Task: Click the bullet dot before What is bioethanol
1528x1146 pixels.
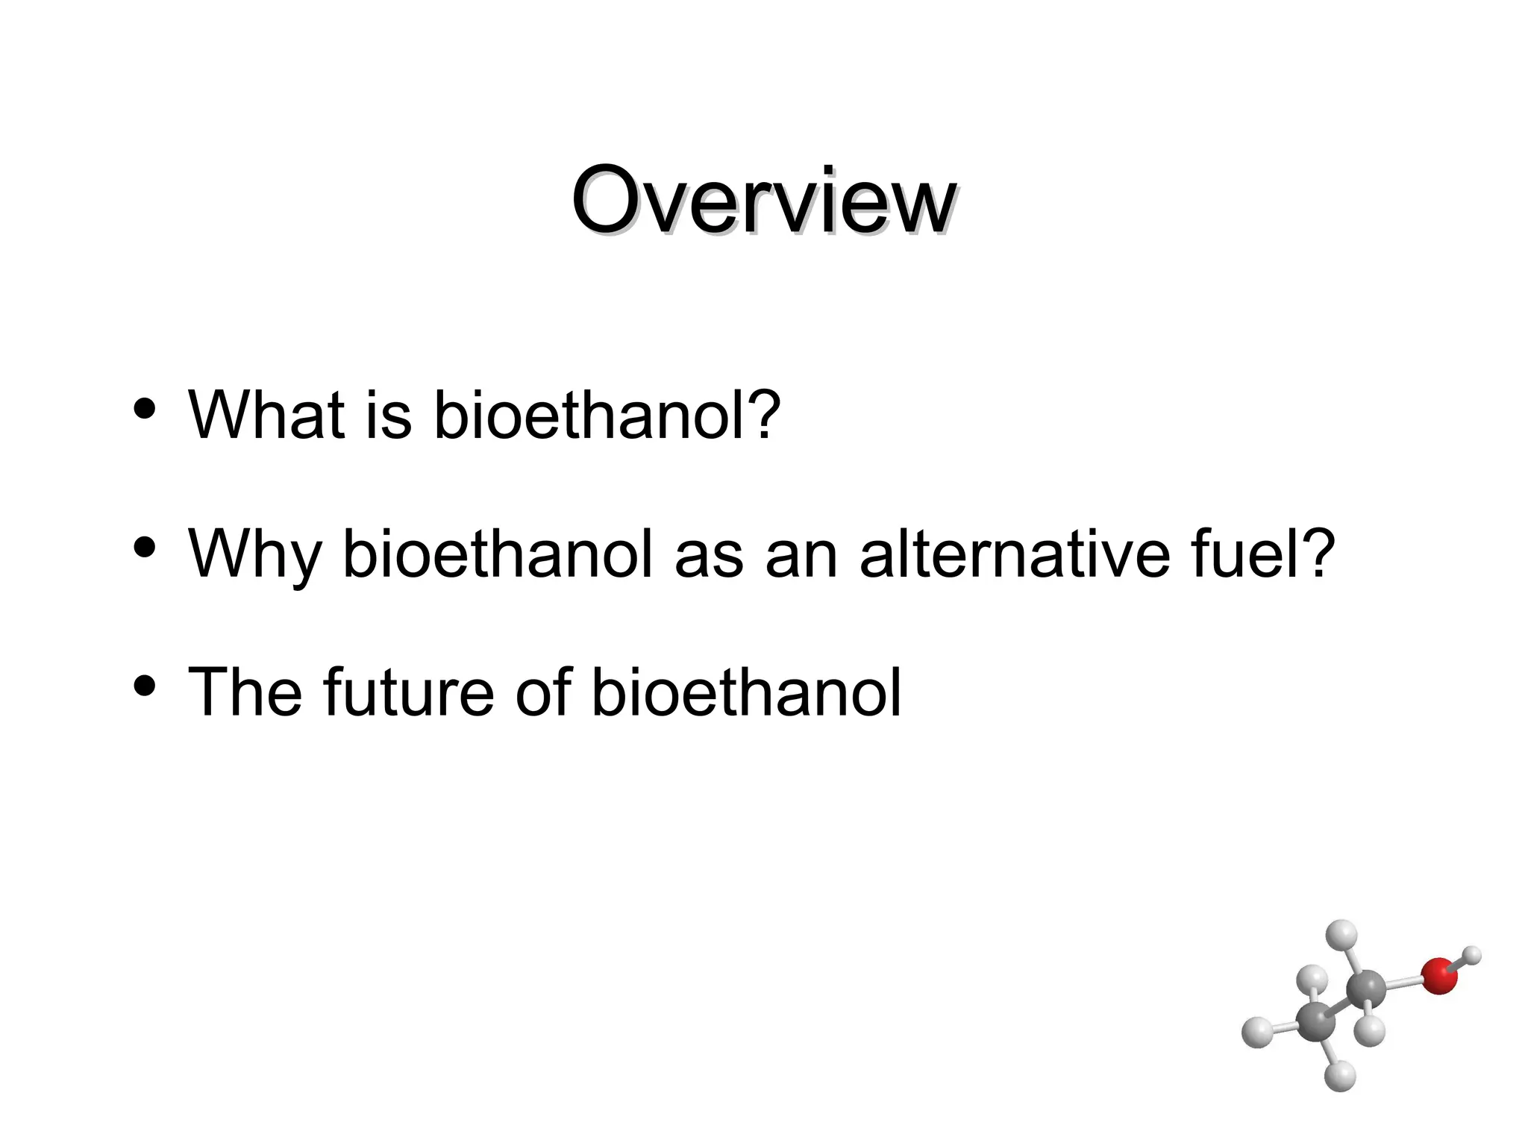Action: coord(143,408)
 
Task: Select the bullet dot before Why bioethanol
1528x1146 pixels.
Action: coord(143,547)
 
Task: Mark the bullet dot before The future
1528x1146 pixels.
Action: coord(143,685)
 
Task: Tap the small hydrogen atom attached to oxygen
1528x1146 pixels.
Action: coord(1472,955)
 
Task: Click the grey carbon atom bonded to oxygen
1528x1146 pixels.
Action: coord(1366,990)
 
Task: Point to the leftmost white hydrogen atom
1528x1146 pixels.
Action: coord(1257,1032)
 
